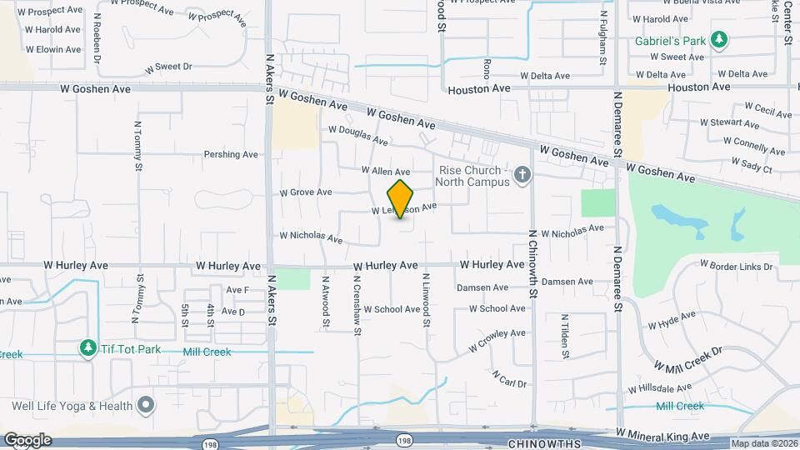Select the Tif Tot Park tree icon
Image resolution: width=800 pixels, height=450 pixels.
87,347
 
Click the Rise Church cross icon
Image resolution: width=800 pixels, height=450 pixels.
522,174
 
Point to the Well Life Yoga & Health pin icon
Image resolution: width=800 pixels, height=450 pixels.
147,406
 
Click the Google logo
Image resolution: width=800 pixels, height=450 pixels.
27,440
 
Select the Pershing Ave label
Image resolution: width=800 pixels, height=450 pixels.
231,154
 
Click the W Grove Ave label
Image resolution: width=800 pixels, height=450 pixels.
306,192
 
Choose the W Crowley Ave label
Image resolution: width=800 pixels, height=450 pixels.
497,337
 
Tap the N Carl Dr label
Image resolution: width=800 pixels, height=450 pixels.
509,379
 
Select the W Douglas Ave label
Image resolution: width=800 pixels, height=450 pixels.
358,135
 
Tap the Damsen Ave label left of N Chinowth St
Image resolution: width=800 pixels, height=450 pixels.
482,287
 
